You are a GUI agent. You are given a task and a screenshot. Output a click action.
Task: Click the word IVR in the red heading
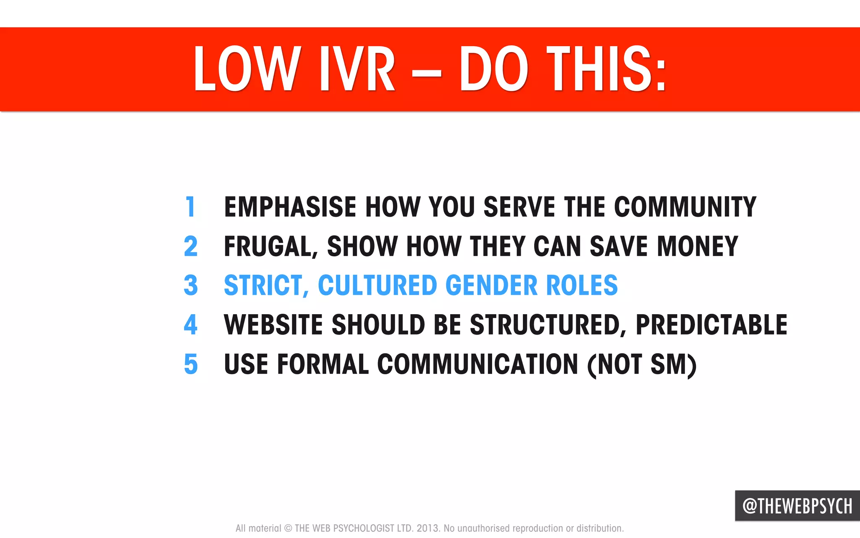tap(357, 69)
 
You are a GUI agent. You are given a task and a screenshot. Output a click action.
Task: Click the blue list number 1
tap(191, 207)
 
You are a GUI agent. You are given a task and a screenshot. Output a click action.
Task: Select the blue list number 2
tap(191, 246)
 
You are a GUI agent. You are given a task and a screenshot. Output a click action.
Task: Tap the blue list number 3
tap(191, 285)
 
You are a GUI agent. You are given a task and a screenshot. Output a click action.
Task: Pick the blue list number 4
tap(191, 324)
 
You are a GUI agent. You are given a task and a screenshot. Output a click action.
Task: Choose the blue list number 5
tap(191, 364)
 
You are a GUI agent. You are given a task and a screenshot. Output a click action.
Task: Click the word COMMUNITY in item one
tap(685, 207)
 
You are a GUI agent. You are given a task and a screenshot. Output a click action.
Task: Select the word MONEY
tap(697, 246)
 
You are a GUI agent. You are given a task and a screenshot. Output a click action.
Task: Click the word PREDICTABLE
tap(711, 324)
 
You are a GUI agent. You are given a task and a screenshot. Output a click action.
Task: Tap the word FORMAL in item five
tap(323, 364)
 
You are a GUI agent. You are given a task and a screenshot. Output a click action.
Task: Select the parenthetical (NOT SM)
tap(642, 364)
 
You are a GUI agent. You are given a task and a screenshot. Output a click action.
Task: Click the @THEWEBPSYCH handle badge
tap(797, 506)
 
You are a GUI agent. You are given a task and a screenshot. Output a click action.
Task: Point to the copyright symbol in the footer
tap(288, 528)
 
